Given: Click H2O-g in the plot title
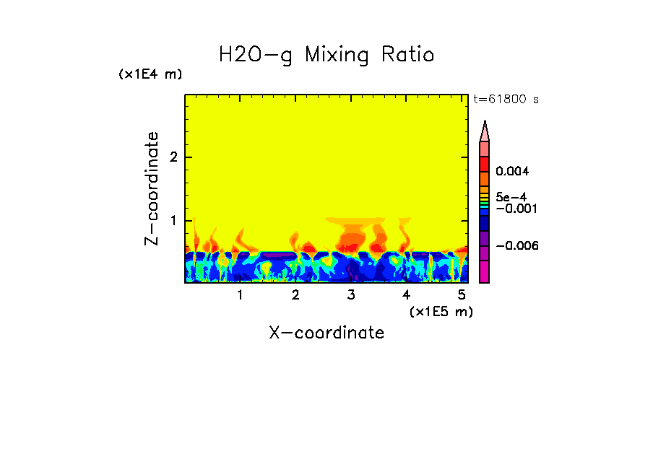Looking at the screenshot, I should [256, 56].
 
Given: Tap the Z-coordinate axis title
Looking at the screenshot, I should [152, 188].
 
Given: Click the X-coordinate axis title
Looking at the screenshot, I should [326, 333].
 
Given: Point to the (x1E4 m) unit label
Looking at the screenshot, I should [150, 74].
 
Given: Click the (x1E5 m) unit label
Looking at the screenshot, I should [441, 311].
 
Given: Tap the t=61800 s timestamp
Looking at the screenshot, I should [506, 100].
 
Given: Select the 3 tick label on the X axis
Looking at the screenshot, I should [350, 295].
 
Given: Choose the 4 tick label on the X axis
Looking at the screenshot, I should [406, 295].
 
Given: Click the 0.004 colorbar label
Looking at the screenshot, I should [512, 172].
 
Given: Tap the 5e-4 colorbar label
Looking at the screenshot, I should [511, 196].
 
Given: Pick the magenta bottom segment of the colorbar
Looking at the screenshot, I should [485, 272].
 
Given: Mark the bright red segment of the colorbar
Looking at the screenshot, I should [485, 163].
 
